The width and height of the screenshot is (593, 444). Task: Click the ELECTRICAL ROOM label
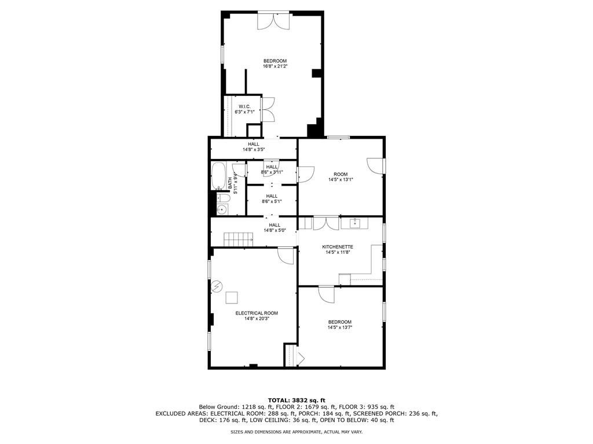point(252,313)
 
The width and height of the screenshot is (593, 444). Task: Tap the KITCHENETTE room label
point(338,247)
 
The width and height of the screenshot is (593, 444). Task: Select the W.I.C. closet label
point(244,106)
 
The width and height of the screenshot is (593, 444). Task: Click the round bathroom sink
point(221,209)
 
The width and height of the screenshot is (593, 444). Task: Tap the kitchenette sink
point(354,223)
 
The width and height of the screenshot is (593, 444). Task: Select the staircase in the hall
point(239,238)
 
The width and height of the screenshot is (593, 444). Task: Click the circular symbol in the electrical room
point(217,286)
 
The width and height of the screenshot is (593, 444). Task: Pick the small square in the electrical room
point(232,298)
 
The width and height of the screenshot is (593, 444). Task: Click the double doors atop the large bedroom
point(274,20)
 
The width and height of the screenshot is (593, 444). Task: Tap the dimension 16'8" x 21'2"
point(275,66)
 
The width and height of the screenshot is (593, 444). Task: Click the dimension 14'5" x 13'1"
point(340,180)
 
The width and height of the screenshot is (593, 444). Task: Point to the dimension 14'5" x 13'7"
point(340,328)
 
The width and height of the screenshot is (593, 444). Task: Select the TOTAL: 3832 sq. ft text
point(296,400)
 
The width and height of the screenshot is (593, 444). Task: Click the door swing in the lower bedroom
point(327,294)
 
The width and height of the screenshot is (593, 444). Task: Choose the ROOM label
point(340,174)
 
